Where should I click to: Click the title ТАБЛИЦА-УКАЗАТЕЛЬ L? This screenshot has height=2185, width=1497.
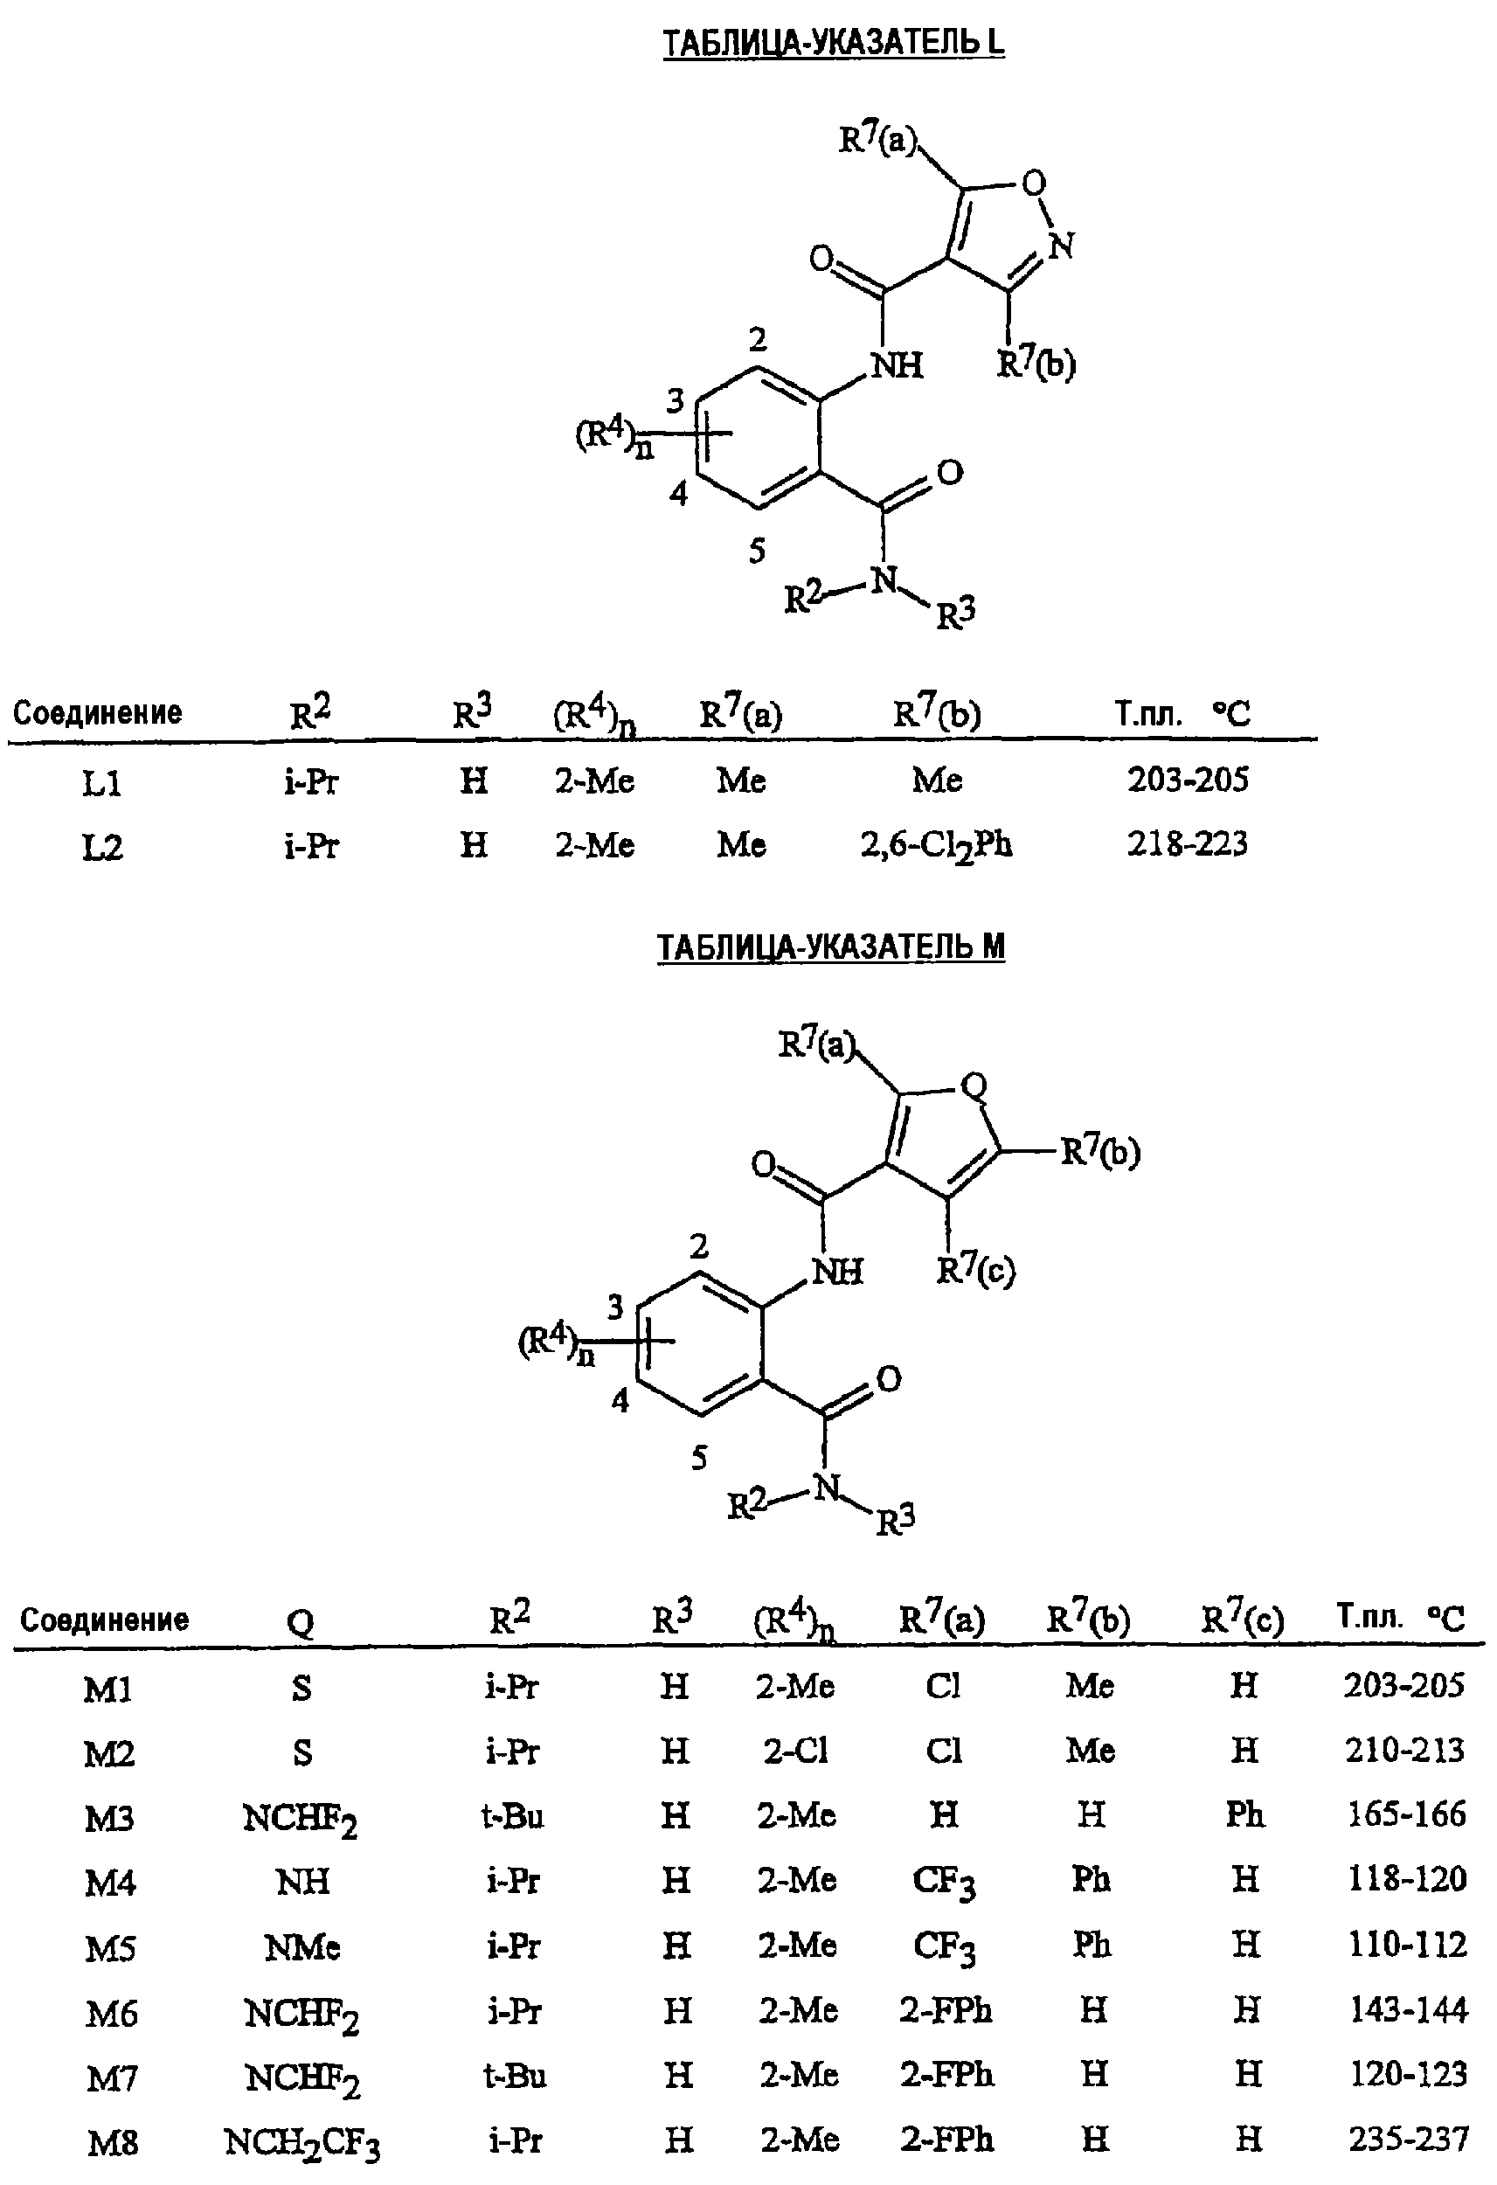[x=834, y=42]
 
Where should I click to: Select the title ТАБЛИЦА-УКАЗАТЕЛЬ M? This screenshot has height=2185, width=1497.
[x=831, y=946]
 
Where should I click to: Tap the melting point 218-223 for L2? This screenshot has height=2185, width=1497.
[x=1188, y=843]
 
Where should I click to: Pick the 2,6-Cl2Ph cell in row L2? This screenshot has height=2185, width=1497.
[x=937, y=846]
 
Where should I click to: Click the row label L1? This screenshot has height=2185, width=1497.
[x=101, y=782]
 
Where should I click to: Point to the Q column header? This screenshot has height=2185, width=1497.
[x=300, y=1622]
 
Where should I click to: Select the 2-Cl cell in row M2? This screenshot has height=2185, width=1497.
[x=795, y=1751]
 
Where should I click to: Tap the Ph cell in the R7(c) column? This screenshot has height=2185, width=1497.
[x=1245, y=1814]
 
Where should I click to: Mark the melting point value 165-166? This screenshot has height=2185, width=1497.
[x=1407, y=1814]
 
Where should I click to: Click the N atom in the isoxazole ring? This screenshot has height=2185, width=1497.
[x=1062, y=246]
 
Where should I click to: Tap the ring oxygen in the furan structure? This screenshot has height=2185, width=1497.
[x=975, y=1087]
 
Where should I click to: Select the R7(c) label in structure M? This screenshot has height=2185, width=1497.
[x=976, y=1271]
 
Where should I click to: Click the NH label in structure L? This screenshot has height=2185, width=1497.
[x=898, y=364]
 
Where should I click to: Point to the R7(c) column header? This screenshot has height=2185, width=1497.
[x=1242, y=1619]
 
